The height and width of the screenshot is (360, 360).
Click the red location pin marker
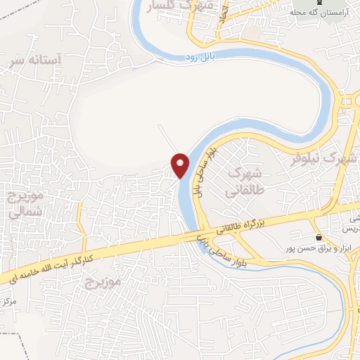181,165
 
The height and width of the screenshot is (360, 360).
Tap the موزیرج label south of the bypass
103,282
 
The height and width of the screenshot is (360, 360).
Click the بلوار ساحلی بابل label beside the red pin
209,169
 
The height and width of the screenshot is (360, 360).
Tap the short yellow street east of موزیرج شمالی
81,225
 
